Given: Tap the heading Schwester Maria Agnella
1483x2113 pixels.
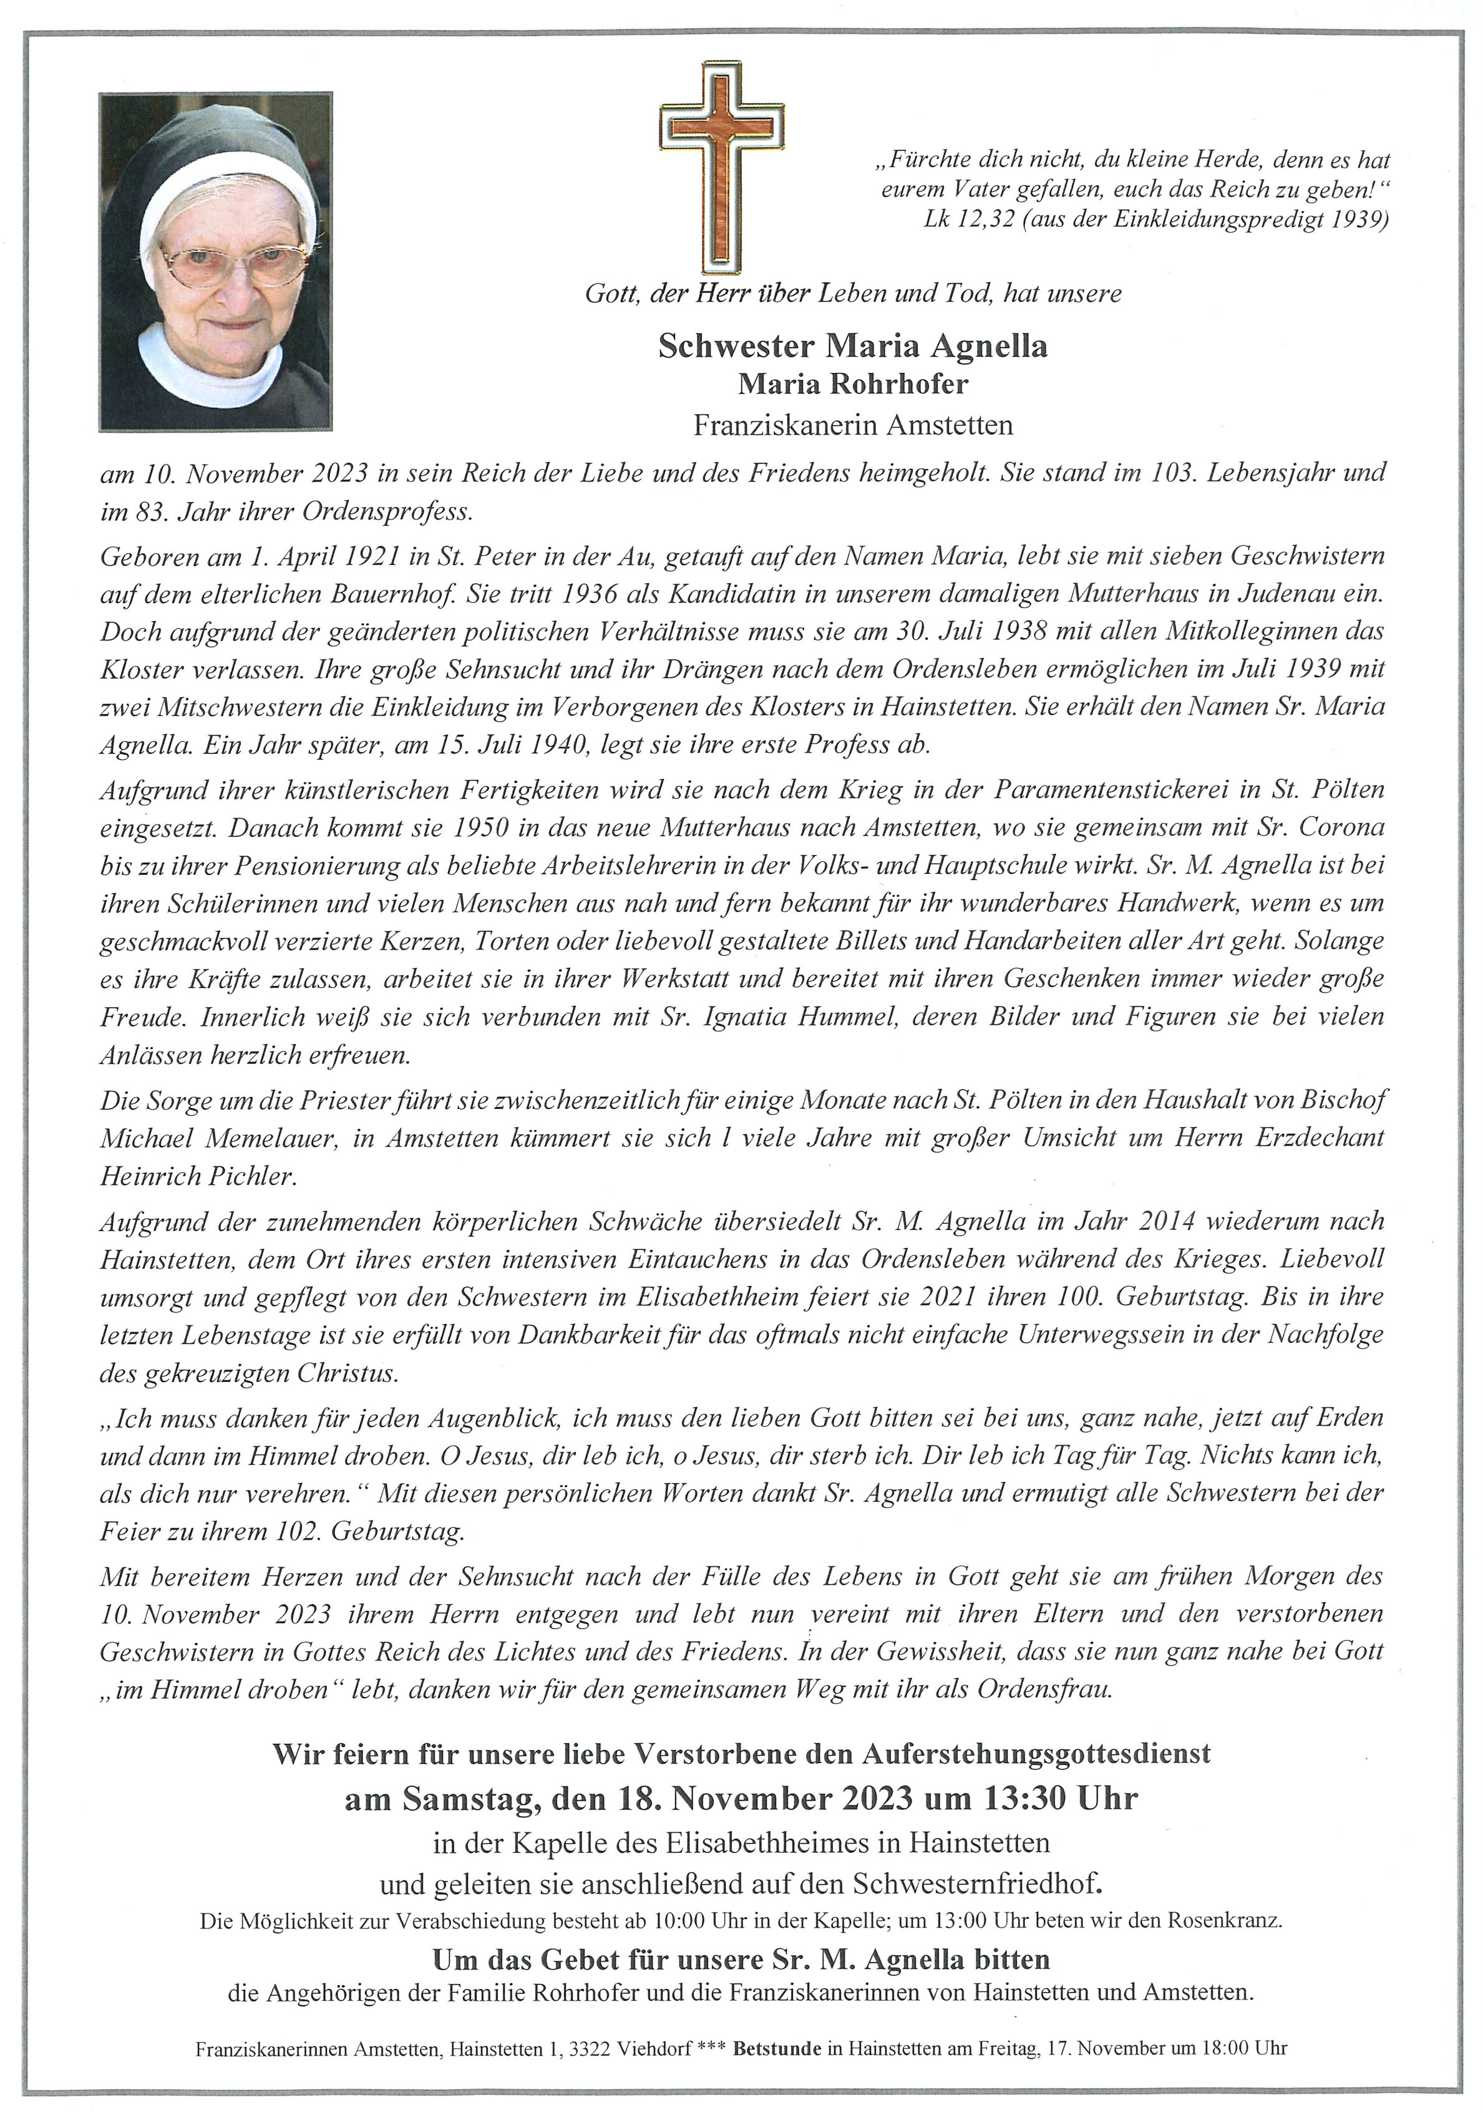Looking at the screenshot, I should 852,346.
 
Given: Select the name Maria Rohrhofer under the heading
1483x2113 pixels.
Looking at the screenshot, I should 852,384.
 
